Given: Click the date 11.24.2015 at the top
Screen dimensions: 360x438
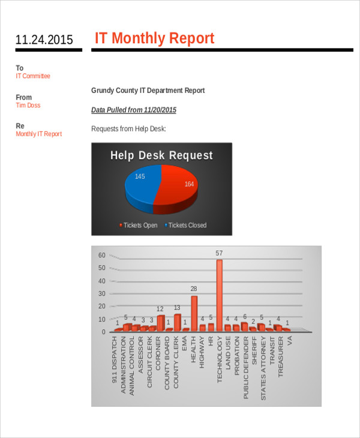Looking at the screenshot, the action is point(44,40).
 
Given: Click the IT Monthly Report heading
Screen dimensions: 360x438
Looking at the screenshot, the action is point(154,38).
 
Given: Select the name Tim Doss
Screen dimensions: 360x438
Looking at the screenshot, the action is point(28,106).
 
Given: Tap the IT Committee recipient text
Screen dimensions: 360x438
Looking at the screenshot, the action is point(33,76).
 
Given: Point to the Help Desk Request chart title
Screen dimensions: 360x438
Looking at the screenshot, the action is point(161,156).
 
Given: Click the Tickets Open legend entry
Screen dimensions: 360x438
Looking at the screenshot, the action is point(140,226).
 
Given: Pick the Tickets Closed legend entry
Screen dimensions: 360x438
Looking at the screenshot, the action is point(187,226).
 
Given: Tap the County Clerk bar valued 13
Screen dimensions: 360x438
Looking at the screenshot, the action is point(178,322).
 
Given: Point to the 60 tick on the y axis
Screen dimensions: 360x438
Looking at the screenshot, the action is point(101,255).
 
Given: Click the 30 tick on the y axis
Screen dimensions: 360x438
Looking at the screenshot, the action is point(101,293).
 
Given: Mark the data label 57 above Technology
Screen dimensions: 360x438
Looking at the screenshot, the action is point(220,253).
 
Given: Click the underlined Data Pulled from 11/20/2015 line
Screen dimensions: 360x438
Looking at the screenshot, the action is point(134,110).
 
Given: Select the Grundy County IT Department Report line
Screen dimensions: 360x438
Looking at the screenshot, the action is point(148,91).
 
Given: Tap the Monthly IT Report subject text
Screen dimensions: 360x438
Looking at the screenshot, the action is point(38,134).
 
